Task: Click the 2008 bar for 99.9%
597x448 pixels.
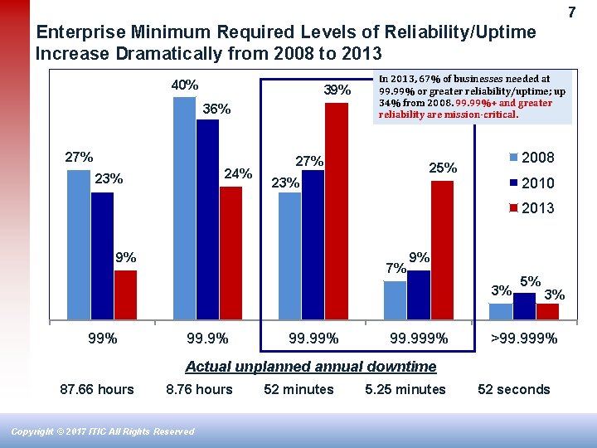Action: click(x=184, y=208)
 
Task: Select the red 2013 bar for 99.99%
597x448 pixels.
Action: click(x=337, y=211)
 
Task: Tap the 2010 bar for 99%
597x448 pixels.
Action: click(x=102, y=256)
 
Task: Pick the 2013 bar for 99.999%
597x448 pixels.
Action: click(x=443, y=250)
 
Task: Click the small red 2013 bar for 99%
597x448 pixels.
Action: click(x=125, y=295)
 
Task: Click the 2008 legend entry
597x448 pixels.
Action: click(x=531, y=158)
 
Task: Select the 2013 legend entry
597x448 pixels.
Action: click(x=531, y=208)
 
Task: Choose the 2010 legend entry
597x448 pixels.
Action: click(x=531, y=183)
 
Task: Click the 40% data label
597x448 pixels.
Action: click(x=184, y=85)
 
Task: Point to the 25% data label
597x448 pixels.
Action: click(x=443, y=168)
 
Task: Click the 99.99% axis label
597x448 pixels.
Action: click(x=313, y=338)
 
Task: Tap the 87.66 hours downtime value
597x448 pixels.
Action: click(x=97, y=389)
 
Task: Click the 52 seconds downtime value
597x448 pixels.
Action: click(x=514, y=389)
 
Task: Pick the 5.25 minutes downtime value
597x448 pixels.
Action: click(x=405, y=389)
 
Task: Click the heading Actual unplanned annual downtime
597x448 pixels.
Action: click(x=310, y=366)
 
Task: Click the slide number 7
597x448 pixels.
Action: click(x=571, y=12)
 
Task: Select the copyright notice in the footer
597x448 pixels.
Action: click(x=103, y=431)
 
